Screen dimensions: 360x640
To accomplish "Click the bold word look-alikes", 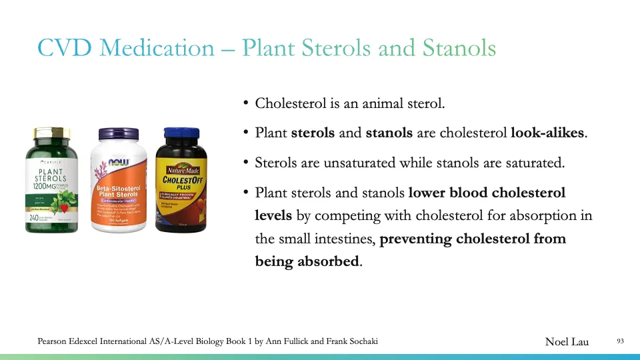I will (549, 133).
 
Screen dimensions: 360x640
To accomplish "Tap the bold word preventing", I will (415, 239).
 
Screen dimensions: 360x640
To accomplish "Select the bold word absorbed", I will (326, 261).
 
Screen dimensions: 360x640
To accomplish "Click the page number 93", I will (620, 341).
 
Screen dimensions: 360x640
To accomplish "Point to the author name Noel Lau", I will (567, 341).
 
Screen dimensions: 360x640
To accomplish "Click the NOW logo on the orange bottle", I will (119, 163).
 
